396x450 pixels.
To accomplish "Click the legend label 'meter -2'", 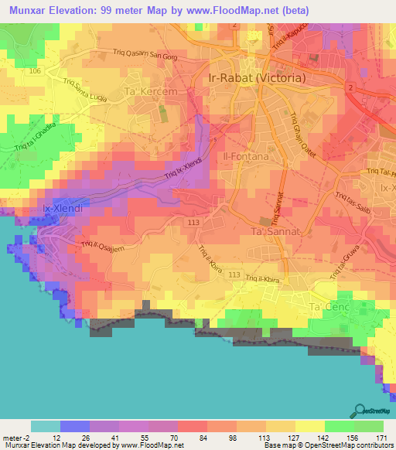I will click(x=15, y=437).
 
